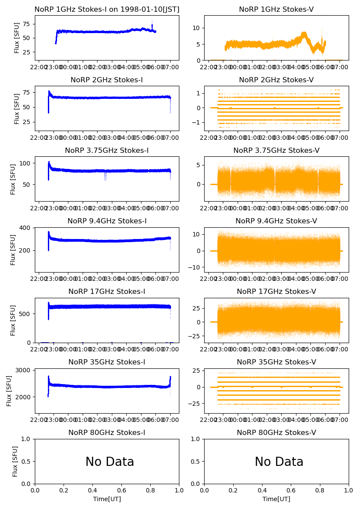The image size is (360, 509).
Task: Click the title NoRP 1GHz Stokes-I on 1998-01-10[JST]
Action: pos(107,9)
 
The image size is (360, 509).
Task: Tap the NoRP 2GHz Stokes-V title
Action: pos(276,80)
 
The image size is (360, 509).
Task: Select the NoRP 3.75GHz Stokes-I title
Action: pos(107,150)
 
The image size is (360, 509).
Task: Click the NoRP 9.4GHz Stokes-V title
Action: pos(276,221)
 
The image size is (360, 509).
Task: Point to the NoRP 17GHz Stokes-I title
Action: pos(107,291)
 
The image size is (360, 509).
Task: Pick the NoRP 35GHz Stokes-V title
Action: pos(276,362)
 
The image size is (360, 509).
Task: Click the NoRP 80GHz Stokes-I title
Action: pos(107,432)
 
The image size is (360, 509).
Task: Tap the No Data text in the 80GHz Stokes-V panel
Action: pos(279,462)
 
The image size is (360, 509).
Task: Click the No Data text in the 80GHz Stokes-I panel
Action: pos(110,462)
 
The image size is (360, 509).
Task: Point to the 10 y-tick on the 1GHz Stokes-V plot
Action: pos(197,28)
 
